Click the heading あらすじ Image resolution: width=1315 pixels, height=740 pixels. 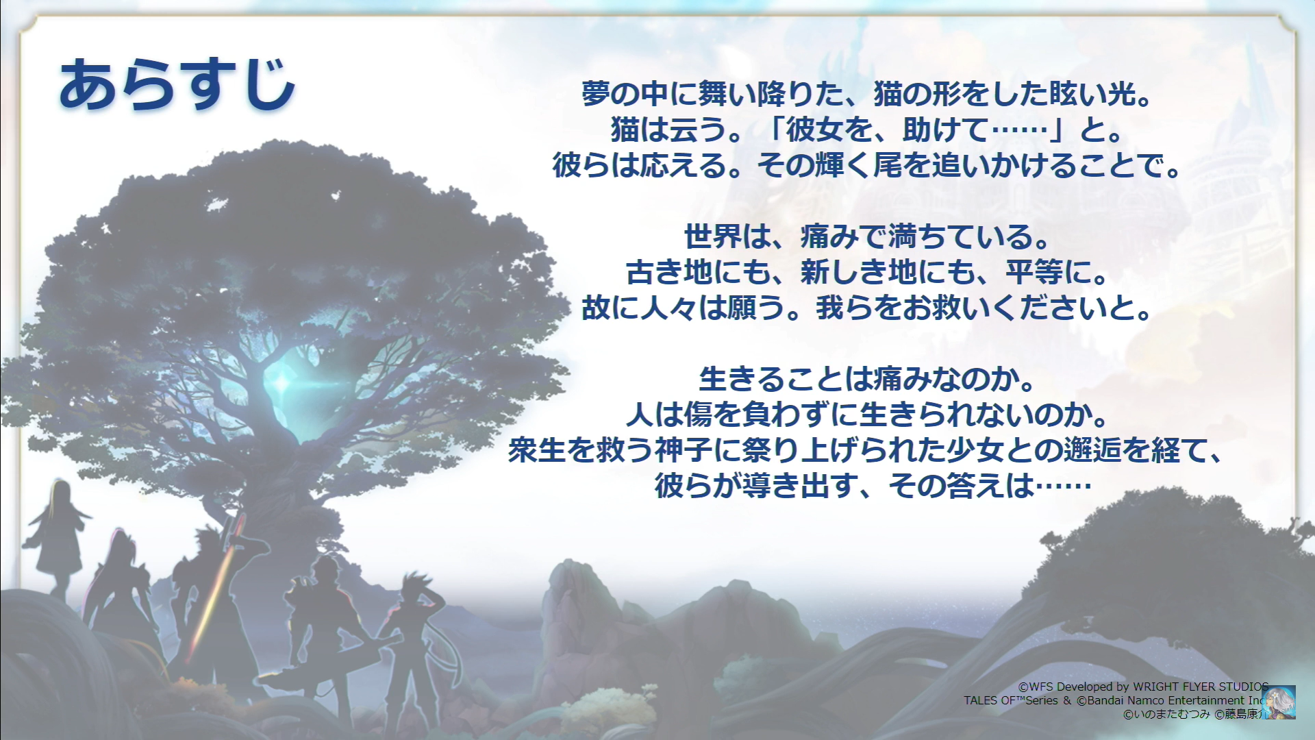tap(177, 85)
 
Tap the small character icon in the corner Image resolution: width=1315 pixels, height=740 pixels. tap(1278, 702)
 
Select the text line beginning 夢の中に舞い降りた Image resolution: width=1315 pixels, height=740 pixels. tap(866, 94)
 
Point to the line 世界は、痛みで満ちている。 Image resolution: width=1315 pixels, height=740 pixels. tap(867, 237)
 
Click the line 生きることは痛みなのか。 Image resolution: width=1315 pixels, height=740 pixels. tap(867, 380)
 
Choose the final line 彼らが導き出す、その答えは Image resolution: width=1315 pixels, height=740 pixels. tap(873, 486)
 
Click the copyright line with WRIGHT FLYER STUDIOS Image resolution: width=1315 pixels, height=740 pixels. tap(1143, 687)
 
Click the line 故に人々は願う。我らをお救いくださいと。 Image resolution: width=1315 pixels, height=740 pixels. tap(867, 308)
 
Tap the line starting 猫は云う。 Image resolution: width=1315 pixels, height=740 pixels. tap(867, 129)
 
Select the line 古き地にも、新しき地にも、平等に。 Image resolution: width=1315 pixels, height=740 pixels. tap(867, 273)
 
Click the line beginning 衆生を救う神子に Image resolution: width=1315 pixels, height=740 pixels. tap(866, 450)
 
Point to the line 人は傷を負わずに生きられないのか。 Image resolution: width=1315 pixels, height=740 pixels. tap(867, 415)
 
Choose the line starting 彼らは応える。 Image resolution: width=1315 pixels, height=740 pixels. tap(867, 165)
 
